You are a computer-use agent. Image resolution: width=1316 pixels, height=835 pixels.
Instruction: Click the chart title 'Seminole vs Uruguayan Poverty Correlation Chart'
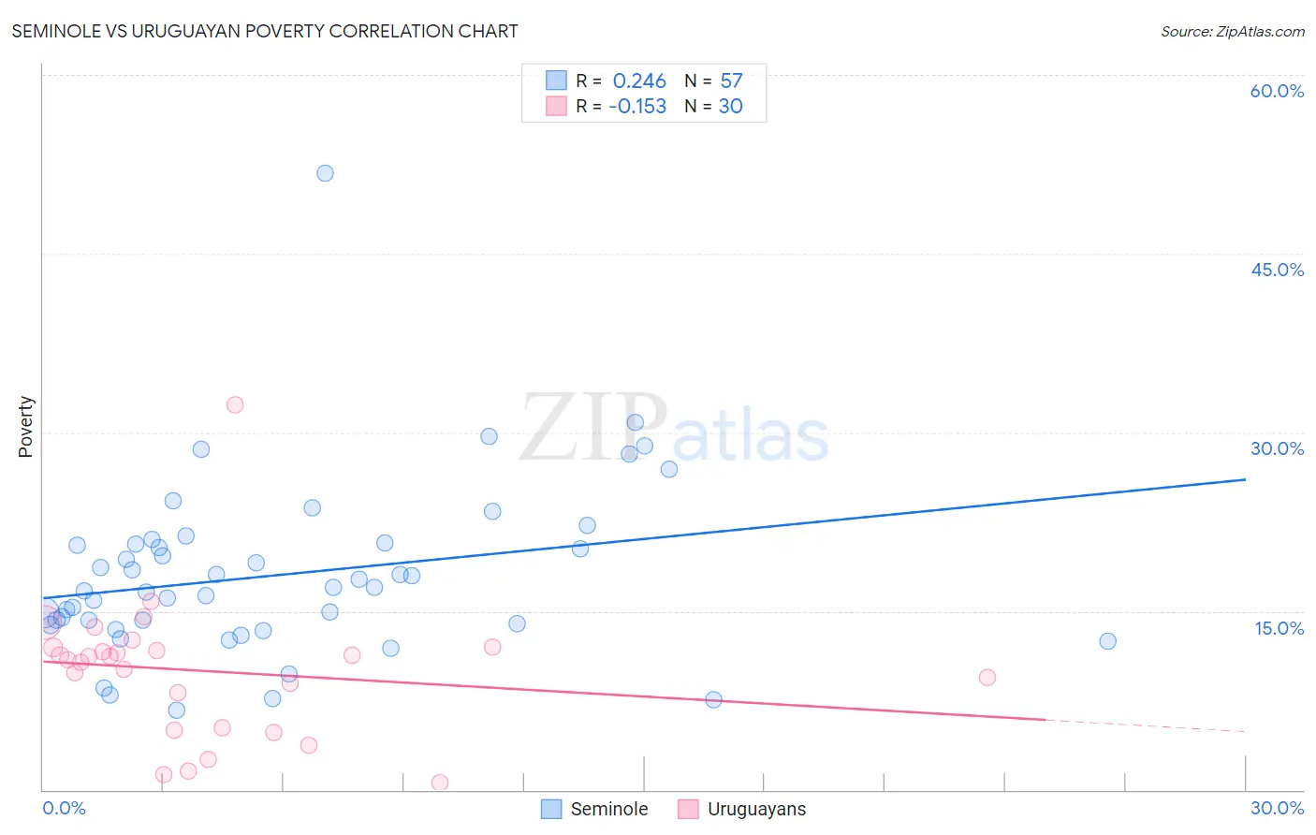coord(265,31)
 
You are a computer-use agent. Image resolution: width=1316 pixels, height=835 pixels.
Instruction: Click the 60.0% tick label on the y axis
coord(1277,91)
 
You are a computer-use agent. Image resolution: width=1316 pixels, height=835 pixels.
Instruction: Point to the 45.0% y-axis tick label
coord(1277,270)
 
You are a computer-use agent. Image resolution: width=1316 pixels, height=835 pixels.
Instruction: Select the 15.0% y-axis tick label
coord(1279,628)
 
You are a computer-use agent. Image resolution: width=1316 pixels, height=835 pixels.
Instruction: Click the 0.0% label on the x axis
coord(64,808)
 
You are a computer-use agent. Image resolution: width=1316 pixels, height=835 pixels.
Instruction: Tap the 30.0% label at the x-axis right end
coord(1277,808)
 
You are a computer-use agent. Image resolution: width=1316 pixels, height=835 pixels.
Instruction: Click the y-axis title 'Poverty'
coord(25,427)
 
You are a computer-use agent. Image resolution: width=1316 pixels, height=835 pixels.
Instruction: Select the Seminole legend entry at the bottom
coord(595,809)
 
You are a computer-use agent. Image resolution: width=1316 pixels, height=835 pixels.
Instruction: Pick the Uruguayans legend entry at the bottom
coord(741,809)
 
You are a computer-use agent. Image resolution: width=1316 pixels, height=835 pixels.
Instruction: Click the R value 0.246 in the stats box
coord(639,81)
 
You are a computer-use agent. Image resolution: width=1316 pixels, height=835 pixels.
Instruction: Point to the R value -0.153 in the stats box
coord(637,107)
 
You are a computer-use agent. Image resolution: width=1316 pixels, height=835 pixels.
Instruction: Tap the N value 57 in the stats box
coord(731,81)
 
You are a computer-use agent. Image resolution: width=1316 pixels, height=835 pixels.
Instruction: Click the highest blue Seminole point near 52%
coord(325,173)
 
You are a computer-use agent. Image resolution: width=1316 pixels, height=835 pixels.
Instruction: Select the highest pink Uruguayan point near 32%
coord(235,405)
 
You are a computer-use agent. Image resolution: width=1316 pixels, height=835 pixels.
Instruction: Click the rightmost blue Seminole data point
coord(1107,641)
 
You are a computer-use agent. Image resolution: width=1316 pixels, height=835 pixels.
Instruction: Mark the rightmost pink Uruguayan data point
coord(987,678)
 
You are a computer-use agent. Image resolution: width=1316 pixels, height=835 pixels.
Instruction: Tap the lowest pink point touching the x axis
coord(439,783)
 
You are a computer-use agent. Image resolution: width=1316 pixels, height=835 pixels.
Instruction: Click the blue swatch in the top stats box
coord(556,81)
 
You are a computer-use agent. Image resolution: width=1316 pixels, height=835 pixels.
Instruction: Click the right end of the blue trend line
coord(1245,479)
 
